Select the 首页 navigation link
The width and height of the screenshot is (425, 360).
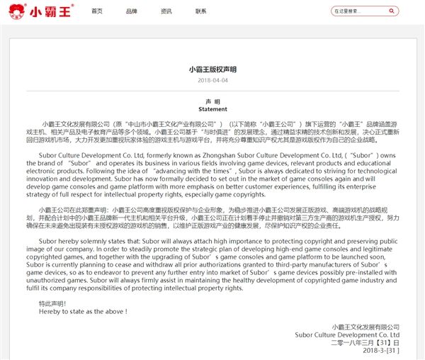click(97, 11)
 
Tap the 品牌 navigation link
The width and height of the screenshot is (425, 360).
click(132, 11)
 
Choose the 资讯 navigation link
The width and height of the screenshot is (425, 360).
click(166, 11)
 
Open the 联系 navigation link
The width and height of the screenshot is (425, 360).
click(201, 11)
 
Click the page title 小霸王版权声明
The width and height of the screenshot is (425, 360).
click(212, 70)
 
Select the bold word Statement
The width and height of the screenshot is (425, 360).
click(212, 110)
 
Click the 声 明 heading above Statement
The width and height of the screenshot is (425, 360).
click(212, 102)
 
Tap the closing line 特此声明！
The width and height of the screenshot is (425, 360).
click(53, 303)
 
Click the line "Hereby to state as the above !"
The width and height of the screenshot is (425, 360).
click(84, 311)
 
